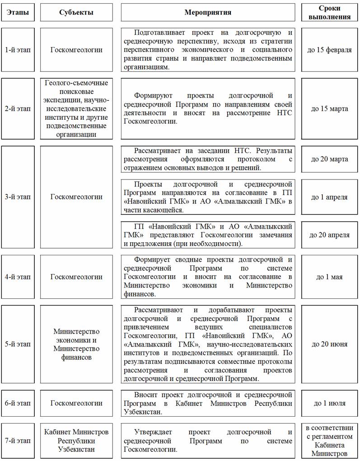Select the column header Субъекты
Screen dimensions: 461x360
coord(76,12)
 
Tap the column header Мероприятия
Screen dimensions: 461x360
coord(208,12)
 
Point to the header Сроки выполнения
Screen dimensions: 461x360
coord(329,13)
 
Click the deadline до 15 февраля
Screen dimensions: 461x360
coord(329,50)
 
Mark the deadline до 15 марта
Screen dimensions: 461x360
coord(329,109)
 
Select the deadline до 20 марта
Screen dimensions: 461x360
coord(329,159)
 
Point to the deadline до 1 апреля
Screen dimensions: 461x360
coord(329,197)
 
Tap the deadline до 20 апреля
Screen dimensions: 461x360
coord(329,235)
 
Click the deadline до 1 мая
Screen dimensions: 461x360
coord(329,277)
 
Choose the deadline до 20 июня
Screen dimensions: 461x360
coord(329,344)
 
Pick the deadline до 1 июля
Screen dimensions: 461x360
coord(329,403)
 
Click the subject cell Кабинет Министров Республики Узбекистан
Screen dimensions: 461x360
coord(76,441)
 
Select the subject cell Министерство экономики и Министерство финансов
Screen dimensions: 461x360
coord(76,344)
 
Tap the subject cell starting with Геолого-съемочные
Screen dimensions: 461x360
coord(76,109)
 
